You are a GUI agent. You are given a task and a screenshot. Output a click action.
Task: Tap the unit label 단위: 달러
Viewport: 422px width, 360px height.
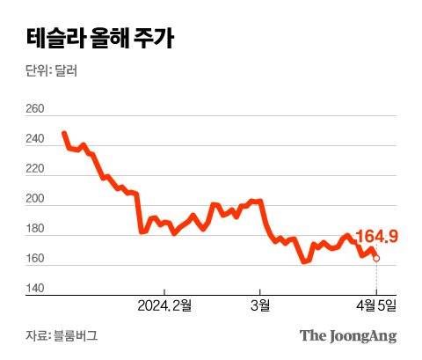[x=51, y=71]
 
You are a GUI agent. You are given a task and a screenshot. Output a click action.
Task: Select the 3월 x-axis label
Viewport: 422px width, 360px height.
[x=259, y=305]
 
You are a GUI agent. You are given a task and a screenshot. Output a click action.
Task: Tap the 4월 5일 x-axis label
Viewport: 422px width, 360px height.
[x=376, y=305]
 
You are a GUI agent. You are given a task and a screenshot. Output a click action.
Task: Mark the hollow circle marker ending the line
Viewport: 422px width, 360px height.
[x=376, y=258]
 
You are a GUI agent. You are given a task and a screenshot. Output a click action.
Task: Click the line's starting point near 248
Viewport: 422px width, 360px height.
[x=64, y=133]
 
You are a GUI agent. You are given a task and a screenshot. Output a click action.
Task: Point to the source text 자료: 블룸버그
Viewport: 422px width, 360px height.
[x=62, y=335]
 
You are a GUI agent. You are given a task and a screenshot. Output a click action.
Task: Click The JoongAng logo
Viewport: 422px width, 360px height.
[x=348, y=335]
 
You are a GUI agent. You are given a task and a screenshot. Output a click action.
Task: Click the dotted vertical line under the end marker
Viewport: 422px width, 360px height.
[x=376, y=277]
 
